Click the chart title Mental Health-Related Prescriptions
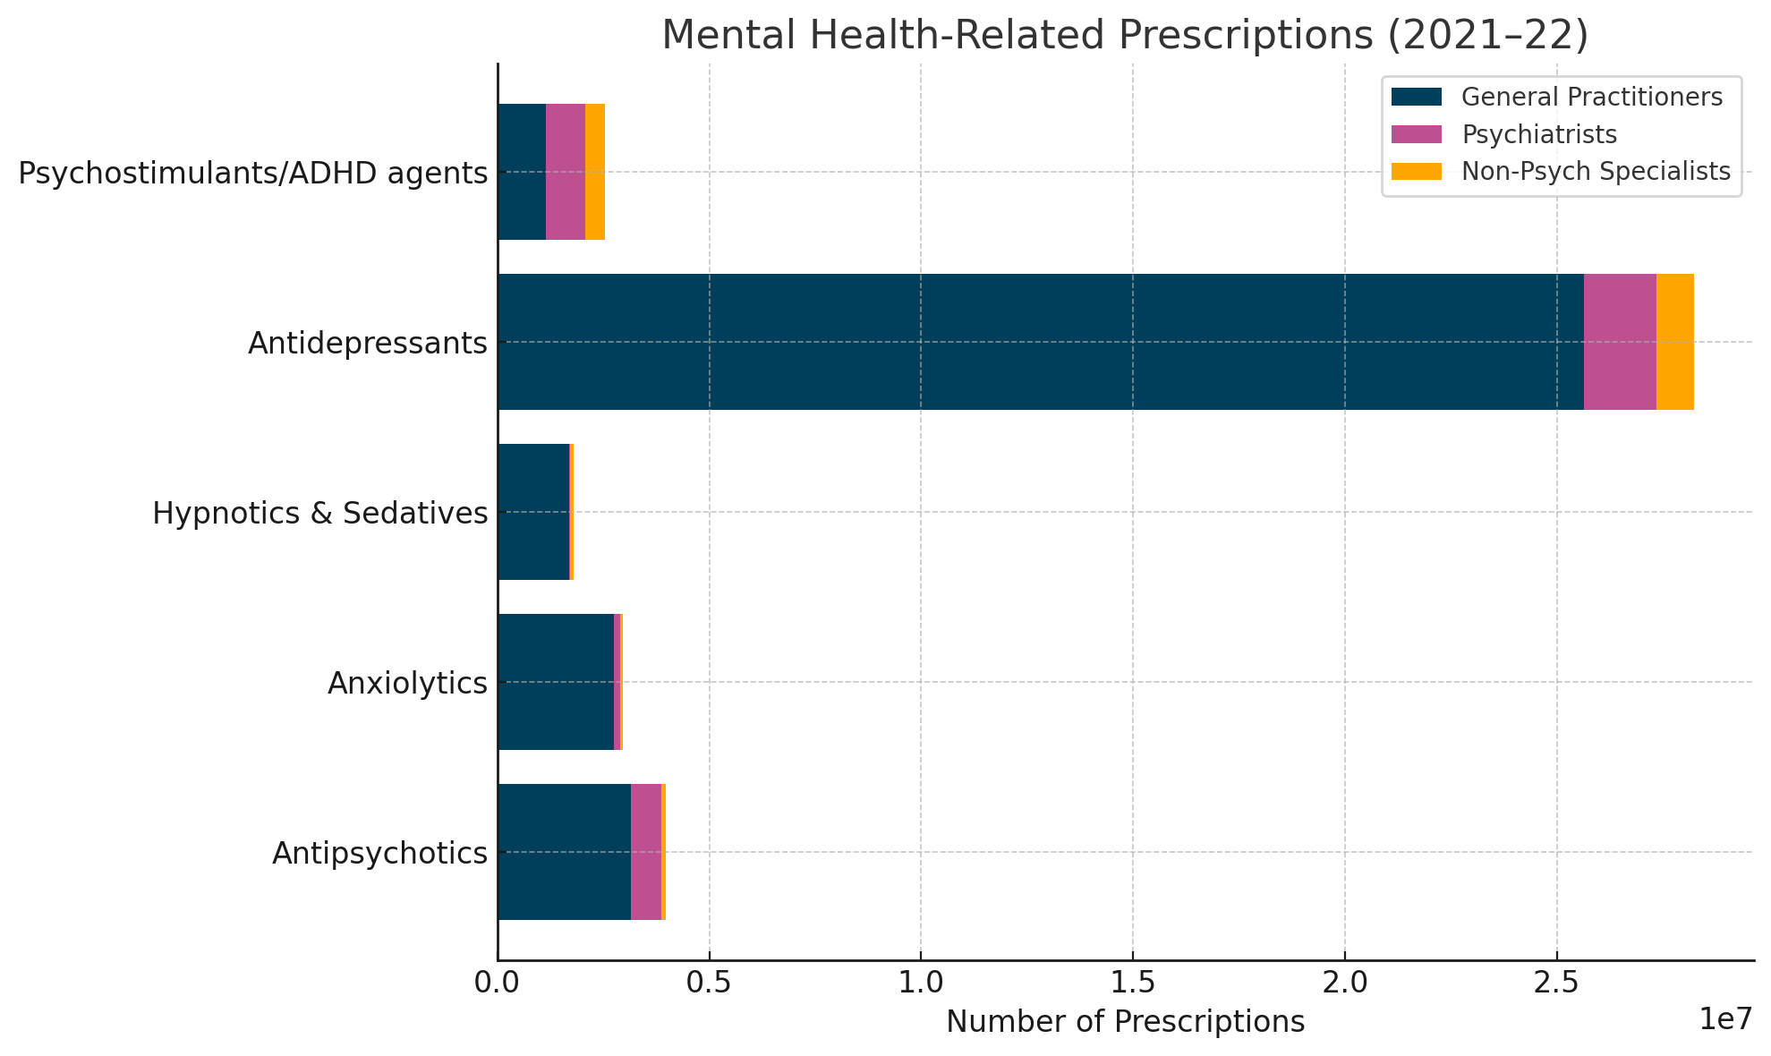[x=1124, y=36]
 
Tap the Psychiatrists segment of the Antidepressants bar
[x=1619, y=342]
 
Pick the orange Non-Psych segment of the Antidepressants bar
[x=1674, y=342]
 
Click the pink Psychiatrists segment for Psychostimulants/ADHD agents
[x=565, y=172]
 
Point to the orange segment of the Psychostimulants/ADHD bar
[x=595, y=172]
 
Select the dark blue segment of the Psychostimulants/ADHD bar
[x=522, y=172]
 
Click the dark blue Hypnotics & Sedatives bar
[x=533, y=512]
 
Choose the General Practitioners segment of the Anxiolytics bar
[x=556, y=682]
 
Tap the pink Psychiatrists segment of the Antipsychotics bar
[x=646, y=852]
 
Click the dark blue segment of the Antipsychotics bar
[x=564, y=852]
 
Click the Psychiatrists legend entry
[x=1538, y=134]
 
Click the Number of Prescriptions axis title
[x=1125, y=1022]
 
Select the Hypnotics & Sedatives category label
[x=319, y=514]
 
